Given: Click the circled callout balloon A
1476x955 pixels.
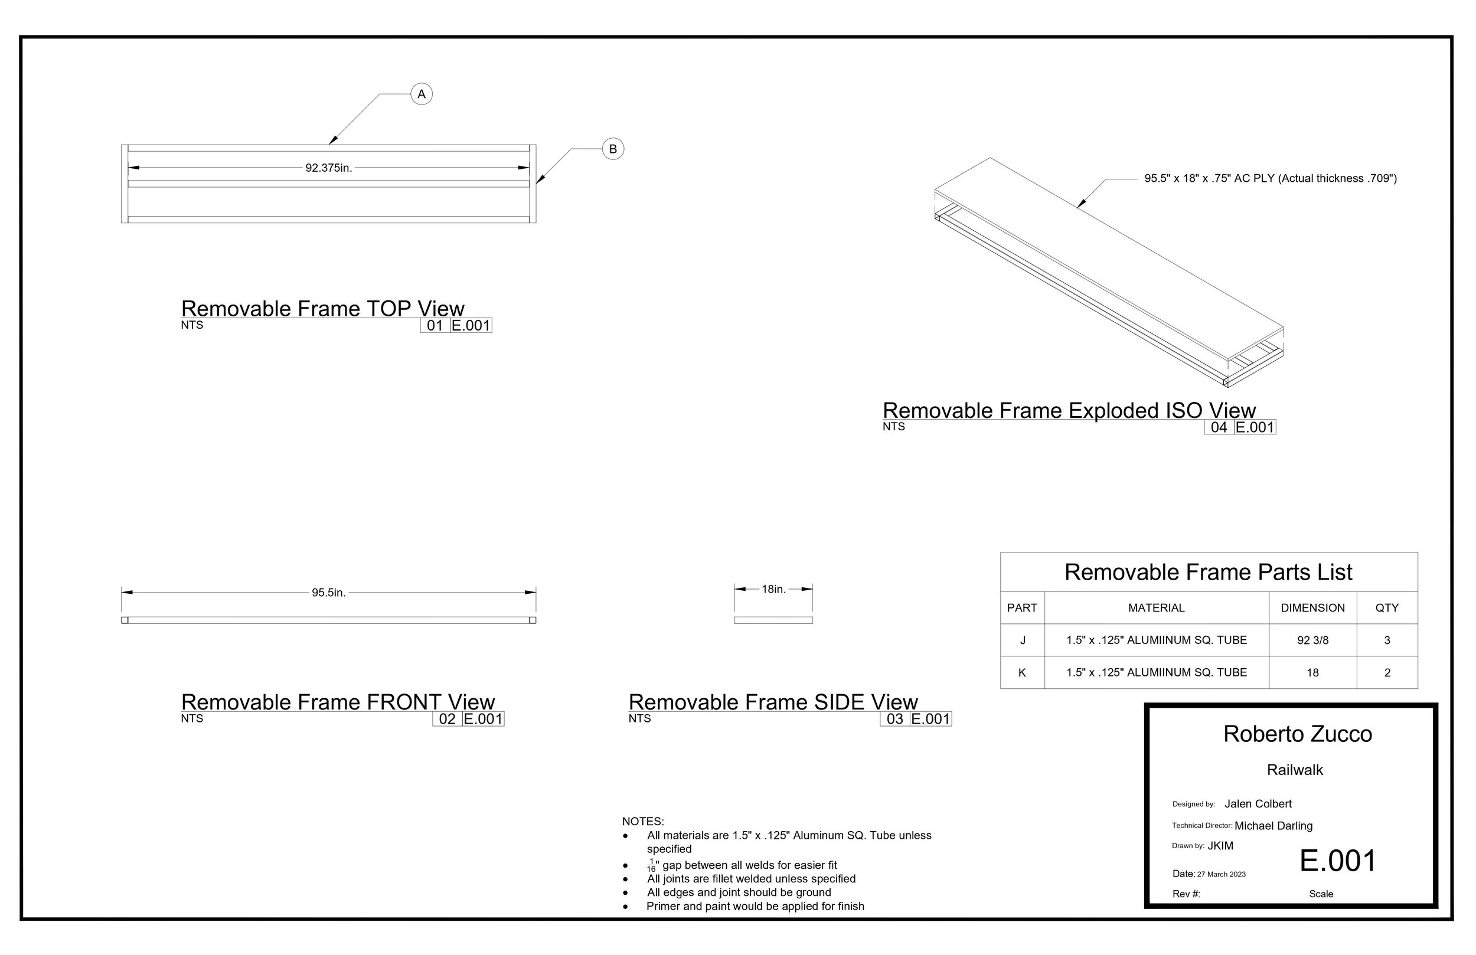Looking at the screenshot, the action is coord(422,94).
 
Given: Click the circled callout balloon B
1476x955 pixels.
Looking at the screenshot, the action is coord(613,149).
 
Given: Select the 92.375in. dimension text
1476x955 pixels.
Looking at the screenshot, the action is coord(329,168).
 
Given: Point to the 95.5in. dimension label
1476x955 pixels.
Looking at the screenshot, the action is coord(329,593).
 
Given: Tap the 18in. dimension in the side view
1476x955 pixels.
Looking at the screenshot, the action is coord(773,589).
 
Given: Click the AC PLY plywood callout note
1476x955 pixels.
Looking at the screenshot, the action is coord(1271,179).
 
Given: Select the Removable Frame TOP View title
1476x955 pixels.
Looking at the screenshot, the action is coord(322,308).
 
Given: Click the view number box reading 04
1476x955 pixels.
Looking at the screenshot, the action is coord(1219,427).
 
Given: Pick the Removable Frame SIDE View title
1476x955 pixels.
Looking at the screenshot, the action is coord(773,702).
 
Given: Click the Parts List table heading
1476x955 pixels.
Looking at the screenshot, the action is coord(1208,572).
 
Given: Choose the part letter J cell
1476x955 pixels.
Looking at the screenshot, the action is coord(1023,640).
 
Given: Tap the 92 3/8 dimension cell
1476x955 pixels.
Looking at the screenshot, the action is coord(1313,640).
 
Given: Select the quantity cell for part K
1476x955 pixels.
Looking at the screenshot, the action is coord(1387,672).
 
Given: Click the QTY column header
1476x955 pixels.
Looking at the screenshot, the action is coord(1387,608).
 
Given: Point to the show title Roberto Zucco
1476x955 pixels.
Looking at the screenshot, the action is coord(1297,734).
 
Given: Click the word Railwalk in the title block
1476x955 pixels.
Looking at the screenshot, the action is coord(1295,770).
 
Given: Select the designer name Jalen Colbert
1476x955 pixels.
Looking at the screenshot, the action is coord(1258,804).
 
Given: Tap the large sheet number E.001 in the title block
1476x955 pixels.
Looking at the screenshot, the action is coord(1338,861).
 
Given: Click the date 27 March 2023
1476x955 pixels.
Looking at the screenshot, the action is coord(1221,874).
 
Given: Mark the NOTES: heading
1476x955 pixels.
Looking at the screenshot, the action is coord(643,822).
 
